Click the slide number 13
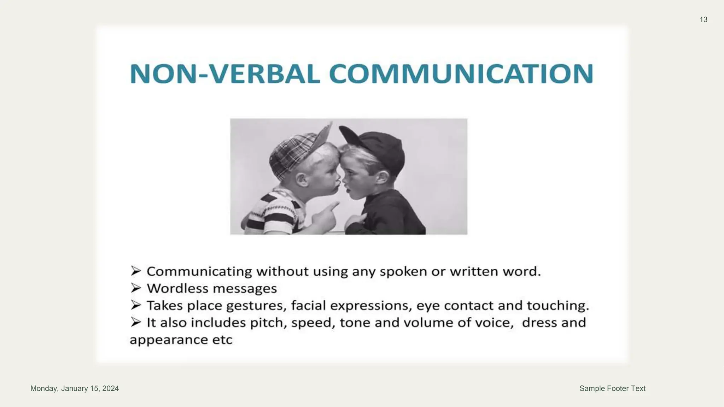[x=703, y=20]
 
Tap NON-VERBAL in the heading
[x=225, y=74]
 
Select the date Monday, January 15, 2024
[x=75, y=388]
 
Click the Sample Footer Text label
[x=612, y=388]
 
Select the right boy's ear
[x=382, y=177]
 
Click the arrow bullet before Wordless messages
[x=136, y=288]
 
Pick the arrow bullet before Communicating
[x=136, y=271]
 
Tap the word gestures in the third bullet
[x=256, y=306]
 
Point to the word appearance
[x=169, y=340]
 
